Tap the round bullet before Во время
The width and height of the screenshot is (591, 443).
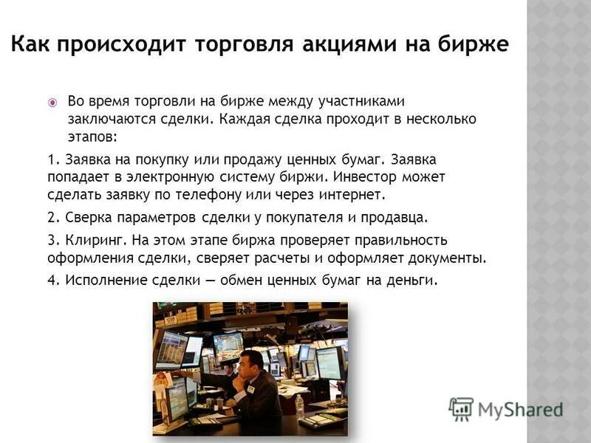52,102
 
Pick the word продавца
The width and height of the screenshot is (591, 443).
397,219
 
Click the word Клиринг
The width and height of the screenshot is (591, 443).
96,241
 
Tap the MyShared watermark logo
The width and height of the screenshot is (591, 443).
505,409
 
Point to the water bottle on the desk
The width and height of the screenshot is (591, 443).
298,405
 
